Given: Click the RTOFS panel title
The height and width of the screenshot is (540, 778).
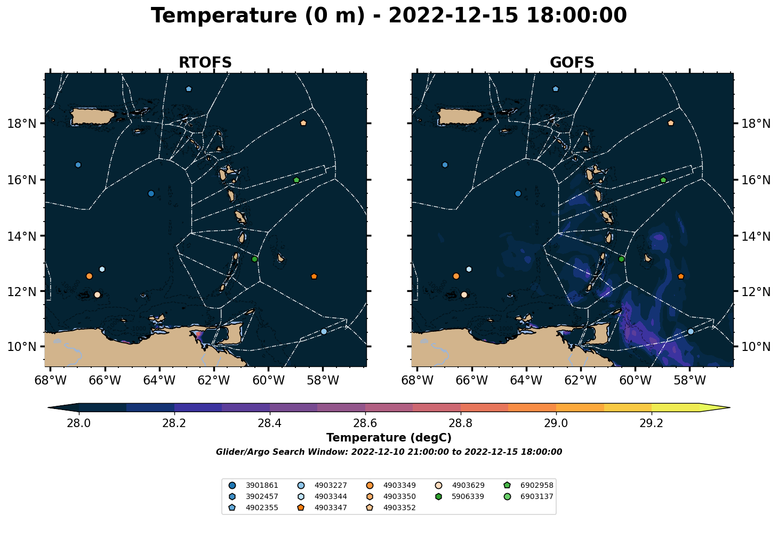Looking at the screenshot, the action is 205,62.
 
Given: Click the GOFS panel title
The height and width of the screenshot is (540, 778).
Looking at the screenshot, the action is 572,62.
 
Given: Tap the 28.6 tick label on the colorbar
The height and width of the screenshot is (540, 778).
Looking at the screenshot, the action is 365,423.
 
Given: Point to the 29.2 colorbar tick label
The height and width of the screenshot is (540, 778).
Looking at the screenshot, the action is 651,423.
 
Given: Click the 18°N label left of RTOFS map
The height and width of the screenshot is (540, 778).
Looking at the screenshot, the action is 22,124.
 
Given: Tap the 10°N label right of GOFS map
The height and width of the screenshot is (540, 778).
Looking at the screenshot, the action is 756,347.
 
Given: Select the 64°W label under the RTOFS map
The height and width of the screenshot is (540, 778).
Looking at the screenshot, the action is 159,380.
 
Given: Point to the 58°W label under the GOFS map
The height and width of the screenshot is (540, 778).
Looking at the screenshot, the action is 690,380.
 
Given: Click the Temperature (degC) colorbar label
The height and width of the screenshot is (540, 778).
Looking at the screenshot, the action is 389,438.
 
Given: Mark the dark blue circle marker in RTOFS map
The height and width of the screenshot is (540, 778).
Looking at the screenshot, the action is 151,193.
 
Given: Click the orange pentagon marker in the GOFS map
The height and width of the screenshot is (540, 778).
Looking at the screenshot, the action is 681,276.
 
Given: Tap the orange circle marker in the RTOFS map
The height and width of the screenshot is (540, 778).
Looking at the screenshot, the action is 89,276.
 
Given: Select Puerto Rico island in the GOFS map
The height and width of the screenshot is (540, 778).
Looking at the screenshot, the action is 460,116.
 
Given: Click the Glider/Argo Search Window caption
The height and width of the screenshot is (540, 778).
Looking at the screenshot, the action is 389,452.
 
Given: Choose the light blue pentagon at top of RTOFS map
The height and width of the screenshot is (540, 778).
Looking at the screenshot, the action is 189,89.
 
